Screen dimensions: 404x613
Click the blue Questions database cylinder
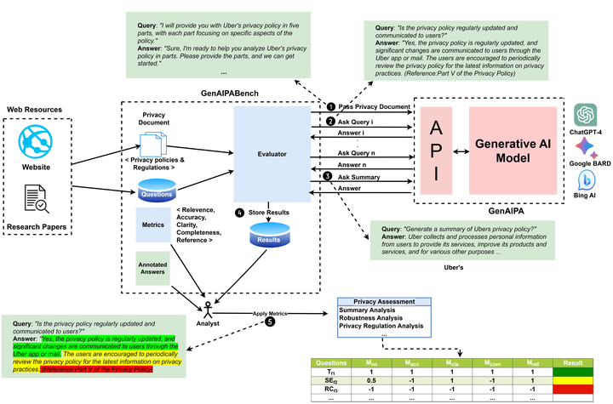pos(156,191)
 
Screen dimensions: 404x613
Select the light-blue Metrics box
pos(153,225)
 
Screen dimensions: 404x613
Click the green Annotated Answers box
pos(153,268)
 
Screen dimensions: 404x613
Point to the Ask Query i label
pos(356,122)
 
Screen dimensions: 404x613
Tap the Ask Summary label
pos(359,177)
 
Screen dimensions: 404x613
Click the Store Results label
pos(269,211)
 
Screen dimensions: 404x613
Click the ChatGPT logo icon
pos(585,114)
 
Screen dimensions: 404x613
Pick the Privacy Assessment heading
pos(385,301)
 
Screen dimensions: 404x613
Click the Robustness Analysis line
pos(375,317)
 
